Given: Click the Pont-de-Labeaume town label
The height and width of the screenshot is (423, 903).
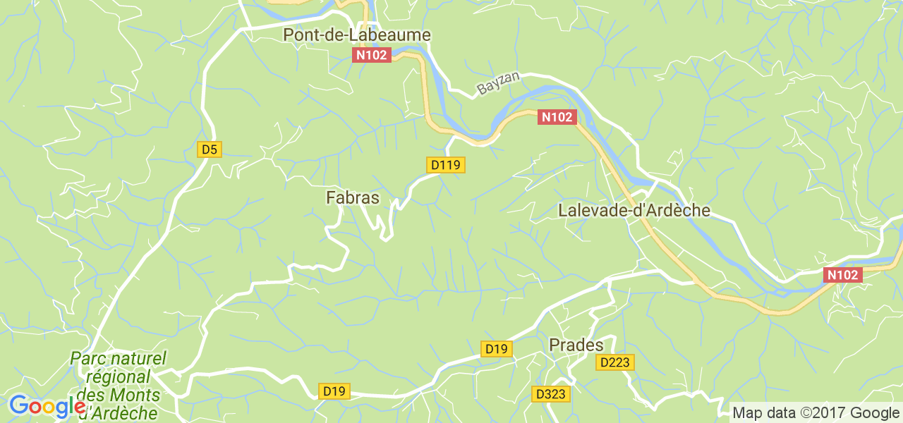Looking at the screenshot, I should [356, 35].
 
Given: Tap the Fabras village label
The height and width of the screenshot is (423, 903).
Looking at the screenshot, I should [353, 198].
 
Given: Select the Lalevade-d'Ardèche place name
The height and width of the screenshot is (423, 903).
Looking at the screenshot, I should [634, 211].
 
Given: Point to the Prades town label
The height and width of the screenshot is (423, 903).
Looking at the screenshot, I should [576, 345].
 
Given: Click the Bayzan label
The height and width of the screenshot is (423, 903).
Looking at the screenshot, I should [498, 85].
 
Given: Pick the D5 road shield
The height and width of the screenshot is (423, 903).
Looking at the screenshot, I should [210, 149].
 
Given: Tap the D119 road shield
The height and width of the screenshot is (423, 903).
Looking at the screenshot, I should [445, 165].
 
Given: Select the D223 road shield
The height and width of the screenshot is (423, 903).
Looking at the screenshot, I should [616, 362].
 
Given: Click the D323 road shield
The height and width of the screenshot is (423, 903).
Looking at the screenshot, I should [550, 394].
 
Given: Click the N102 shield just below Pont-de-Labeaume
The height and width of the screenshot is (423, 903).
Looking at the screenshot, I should [371, 55].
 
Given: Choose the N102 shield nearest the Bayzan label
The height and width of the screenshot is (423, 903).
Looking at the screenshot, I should [557, 117].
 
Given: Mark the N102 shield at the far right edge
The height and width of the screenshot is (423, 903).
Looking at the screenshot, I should [843, 275].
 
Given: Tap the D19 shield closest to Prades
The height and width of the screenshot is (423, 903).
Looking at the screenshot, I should [497, 348].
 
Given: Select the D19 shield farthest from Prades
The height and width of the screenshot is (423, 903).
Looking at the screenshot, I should [334, 391].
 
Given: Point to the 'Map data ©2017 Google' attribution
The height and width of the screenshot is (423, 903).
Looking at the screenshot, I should [815, 412].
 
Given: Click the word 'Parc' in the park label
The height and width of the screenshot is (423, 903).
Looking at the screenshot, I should [87, 359].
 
